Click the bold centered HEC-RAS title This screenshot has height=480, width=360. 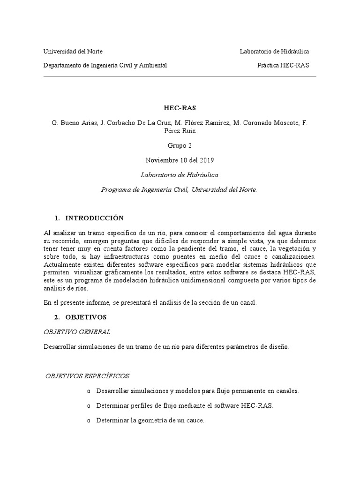coord(180,108)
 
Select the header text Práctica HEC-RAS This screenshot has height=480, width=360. coord(283,66)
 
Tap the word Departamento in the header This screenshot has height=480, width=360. coord(62,66)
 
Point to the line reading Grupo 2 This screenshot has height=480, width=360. coord(180,146)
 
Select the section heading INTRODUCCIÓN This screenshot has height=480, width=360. coord(94,218)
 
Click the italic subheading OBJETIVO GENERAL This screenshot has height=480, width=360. coord(77,332)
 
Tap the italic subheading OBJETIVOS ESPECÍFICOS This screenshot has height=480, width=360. coord(87,376)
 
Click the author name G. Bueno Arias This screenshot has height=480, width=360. coord(72,123)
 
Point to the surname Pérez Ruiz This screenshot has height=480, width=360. coord(180,131)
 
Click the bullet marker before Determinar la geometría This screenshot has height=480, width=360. coord(88,421)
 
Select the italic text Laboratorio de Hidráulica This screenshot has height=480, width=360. coord(180,175)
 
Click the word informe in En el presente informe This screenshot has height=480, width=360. coord(93,303)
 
